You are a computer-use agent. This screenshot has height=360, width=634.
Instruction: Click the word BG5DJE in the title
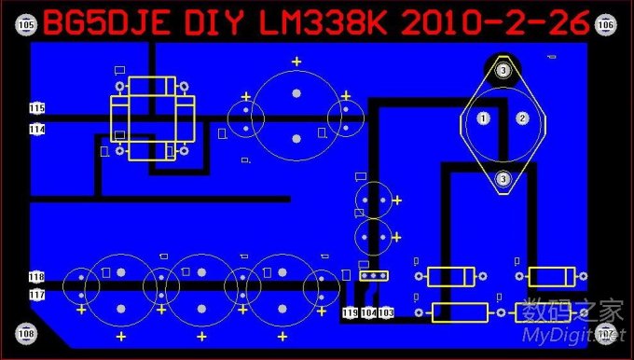point(95,23)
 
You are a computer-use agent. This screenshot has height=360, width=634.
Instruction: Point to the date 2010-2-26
point(495,23)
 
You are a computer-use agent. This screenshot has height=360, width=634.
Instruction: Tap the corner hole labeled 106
point(606,25)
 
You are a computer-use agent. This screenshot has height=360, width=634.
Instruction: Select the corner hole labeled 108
point(26,333)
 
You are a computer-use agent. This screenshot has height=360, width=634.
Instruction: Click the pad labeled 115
point(37,109)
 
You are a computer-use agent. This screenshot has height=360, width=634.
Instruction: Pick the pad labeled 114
point(37,130)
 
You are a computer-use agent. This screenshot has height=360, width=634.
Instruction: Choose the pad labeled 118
point(37,277)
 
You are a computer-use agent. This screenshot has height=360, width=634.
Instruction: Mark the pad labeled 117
point(37,295)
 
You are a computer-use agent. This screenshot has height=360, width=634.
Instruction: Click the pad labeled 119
point(351,312)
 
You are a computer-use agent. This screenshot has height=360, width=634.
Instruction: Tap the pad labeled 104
point(369,312)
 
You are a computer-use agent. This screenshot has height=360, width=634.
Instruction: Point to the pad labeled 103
point(386,312)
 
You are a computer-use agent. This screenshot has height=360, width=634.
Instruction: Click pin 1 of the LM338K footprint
point(483,118)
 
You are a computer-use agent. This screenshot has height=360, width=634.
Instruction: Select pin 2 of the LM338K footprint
point(522,118)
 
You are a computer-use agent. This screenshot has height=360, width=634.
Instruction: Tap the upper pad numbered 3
point(503,70)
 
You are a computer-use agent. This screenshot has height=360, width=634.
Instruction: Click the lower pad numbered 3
point(503,178)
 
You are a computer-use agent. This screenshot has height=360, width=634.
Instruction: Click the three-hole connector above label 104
point(373,275)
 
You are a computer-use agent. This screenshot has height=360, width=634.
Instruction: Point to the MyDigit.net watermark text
point(571,335)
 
